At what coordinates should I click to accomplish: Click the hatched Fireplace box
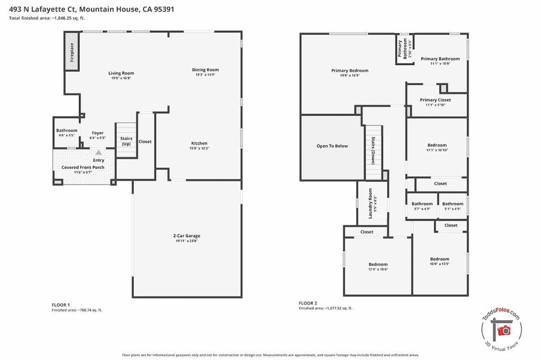pyautogui.click(x=72, y=51)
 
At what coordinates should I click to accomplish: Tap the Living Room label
pyautogui.click(x=121, y=73)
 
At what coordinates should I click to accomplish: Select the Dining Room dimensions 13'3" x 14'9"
pyautogui.click(x=206, y=74)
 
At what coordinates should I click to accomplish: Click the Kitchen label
pyautogui.click(x=199, y=143)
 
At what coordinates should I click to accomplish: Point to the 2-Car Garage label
pyautogui.click(x=186, y=236)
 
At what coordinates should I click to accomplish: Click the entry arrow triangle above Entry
pyautogui.click(x=99, y=153)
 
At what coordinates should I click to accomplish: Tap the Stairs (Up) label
pyautogui.click(x=126, y=141)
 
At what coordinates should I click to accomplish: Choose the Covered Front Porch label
pyautogui.click(x=83, y=167)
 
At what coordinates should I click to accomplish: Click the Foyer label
pyautogui.click(x=98, y=133)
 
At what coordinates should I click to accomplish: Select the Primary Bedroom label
pyautogui.click(x=350, y=70)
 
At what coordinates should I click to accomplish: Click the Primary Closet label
pyautogui.click(x=435, y=100)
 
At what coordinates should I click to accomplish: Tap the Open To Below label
pyautogui.click(x=332, y=146)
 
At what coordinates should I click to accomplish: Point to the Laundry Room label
pyautogui.click(x=370, y=203)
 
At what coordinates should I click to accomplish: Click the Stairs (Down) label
pyautogui.click(x=374, y=150)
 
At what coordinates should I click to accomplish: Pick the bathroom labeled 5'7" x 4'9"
pyautogui.click(x=422, y=206)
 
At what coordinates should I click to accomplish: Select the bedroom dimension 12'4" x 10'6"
pyautogui.click(x=378, y=269)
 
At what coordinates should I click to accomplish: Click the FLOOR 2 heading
pyautogui.click(x=308, y=303)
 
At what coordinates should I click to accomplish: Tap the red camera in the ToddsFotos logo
pyautogui.click(x=504, y=330)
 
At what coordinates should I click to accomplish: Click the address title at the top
pyautogui.click(x=91, y=10)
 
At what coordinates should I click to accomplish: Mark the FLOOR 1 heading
pyautogui.click(x=61, y=305)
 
